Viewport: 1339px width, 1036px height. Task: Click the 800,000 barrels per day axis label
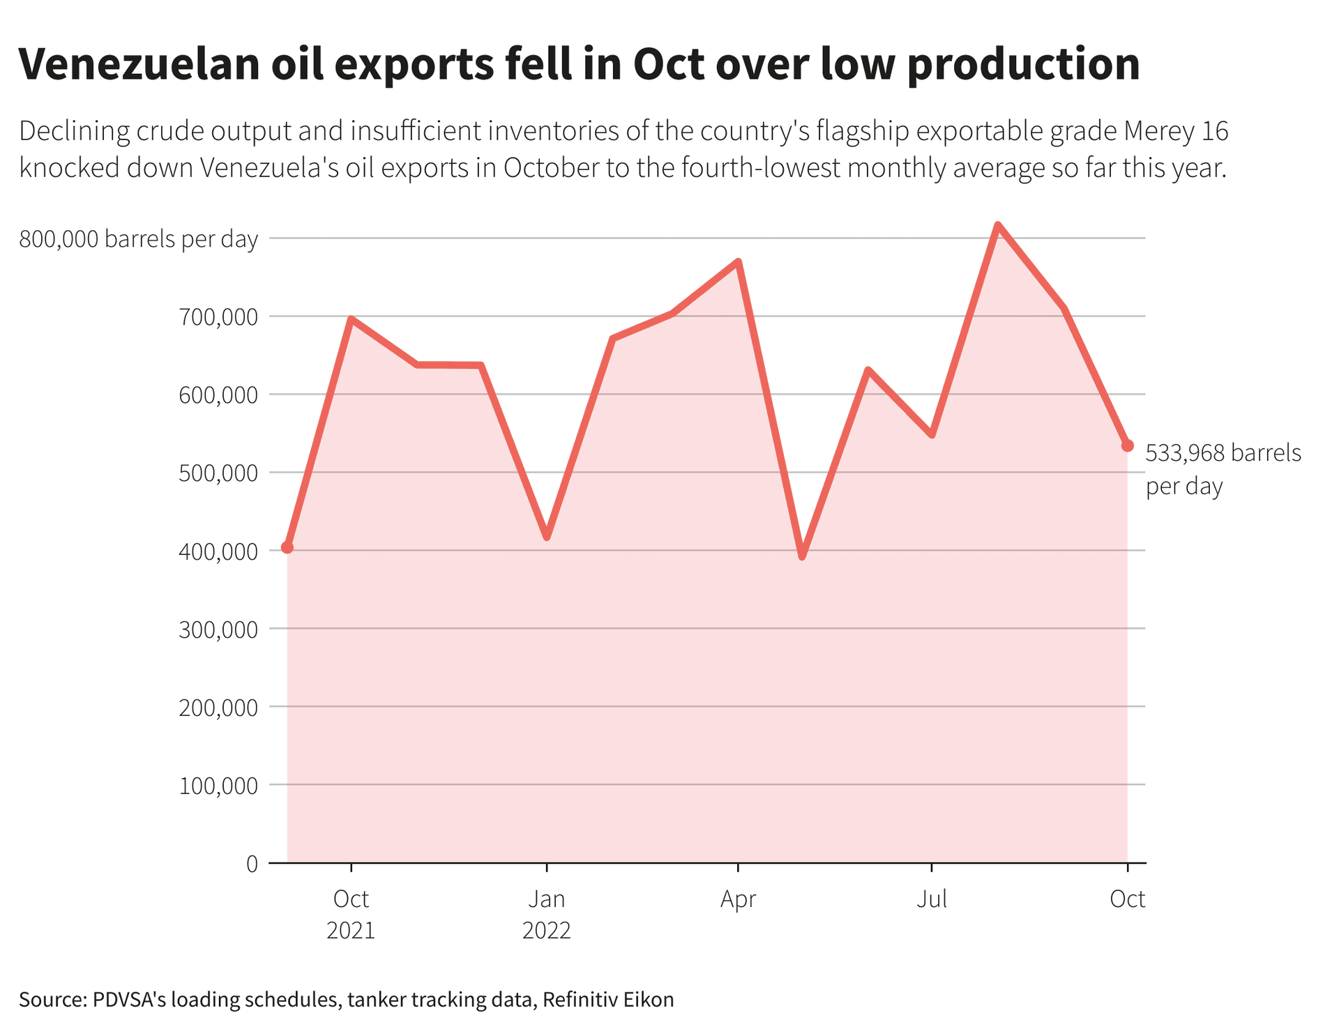[138, 239]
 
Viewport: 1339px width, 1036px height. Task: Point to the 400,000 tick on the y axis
[218, 551]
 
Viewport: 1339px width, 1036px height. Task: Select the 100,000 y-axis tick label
[218, 786]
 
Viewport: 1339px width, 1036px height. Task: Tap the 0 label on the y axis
[252, 864]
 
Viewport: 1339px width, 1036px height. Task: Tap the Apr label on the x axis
[738, 899]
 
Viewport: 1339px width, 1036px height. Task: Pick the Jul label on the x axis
[932, 899]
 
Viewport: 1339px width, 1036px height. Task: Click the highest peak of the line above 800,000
[998, 225]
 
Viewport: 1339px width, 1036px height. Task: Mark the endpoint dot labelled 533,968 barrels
[1127, 445]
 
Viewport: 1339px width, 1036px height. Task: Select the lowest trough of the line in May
[802, 556]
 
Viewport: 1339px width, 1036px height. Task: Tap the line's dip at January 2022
[547, 537]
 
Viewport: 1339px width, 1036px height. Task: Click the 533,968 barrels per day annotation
[1223, 469]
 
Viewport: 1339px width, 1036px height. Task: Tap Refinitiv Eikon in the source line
[608, 999]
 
